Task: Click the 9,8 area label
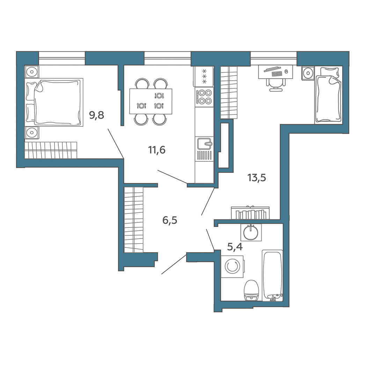tap(97, 115)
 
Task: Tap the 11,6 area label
tap(157, 150)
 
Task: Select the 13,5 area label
tap(256, 178)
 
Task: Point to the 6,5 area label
tap(170, 220)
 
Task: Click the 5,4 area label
tap(235, 247)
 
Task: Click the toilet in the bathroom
tap(251, 291)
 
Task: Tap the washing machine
tap(232, 266)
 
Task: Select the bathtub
tap(272, 276)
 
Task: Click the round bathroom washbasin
tap(251, 232)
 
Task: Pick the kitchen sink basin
tap(204, 144)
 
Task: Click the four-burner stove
tap(204, 97)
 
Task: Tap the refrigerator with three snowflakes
tap(203, 76)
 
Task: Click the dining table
tap(151, 101)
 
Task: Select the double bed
tap(54, 102)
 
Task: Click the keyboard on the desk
tap(277, 74)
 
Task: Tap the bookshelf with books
tap(250, 213)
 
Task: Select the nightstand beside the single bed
tap(308, 73)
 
